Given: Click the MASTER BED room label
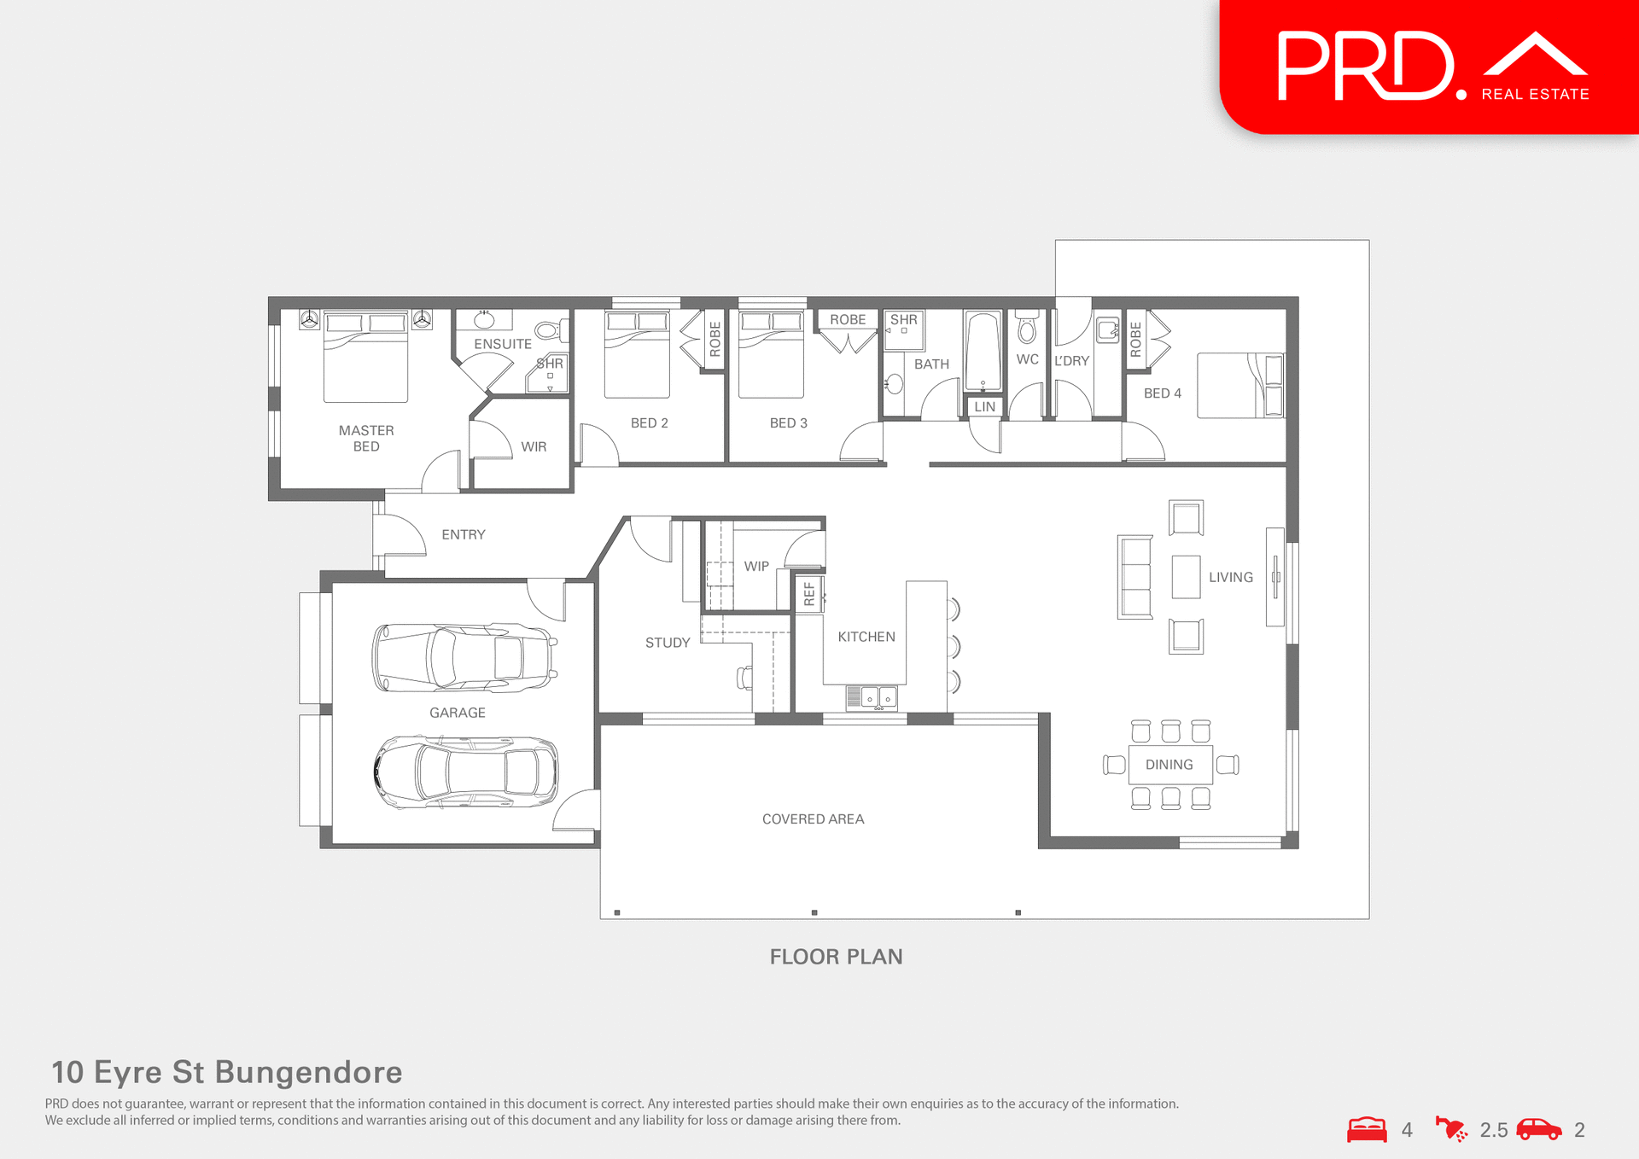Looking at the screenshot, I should point(366,438).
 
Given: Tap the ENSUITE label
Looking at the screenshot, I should point(502,344).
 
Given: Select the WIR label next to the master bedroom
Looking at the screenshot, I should point(534,446).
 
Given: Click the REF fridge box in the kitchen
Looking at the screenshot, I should point(809,594).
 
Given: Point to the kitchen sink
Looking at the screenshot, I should point(872,697).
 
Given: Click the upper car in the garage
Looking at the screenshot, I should point(464,657).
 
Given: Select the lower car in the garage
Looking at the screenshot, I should point(466,772).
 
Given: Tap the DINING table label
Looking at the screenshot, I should point(1169,765).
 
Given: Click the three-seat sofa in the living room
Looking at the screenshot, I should point(1134,577).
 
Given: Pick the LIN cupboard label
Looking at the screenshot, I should point(984,407).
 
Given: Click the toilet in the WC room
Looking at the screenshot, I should point(1027,327).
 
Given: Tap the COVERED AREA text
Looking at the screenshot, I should point(813,819).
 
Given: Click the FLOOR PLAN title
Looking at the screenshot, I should point(836,957).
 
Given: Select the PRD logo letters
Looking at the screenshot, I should point(1365,67).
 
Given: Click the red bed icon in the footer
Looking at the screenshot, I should point(1367,1129).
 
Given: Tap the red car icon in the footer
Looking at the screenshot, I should point(1538,1129).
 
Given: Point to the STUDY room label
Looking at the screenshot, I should point(667,643).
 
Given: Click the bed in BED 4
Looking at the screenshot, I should point(1239,386).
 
